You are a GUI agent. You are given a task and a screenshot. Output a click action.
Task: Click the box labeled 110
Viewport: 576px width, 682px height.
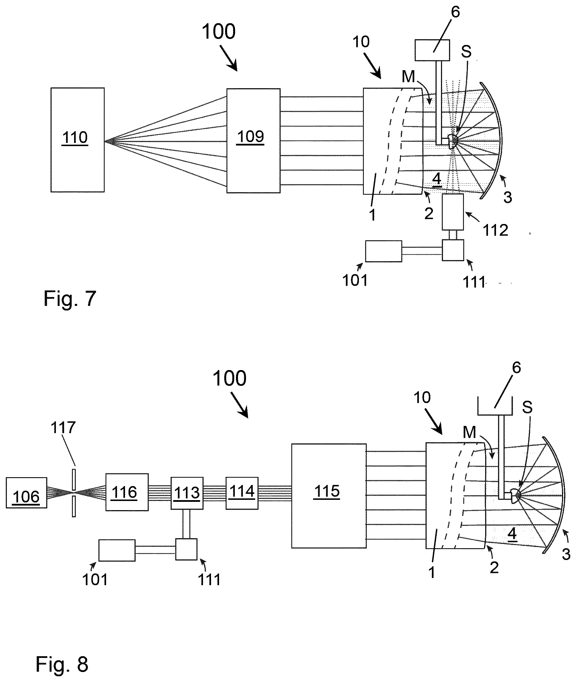(77, 139)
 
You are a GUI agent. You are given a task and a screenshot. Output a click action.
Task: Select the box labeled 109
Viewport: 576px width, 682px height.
(253, 141)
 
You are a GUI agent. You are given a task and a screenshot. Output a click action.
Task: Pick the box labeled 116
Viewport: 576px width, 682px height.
(127, 492)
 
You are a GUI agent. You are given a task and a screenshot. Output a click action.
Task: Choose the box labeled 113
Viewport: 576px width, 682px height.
(187, 493)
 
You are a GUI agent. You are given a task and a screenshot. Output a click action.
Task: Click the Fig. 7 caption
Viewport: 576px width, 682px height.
(70, 298)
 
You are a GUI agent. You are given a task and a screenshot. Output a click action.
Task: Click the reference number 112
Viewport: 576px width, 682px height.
(495, 230)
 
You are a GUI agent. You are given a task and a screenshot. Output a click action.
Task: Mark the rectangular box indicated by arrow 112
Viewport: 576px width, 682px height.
(452, 212)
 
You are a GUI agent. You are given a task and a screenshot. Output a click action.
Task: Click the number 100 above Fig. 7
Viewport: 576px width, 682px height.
(218, 32)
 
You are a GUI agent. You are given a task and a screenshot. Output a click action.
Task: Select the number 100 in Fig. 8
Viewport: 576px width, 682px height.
(229, 378)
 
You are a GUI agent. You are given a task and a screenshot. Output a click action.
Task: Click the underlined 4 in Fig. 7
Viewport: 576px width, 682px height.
(437, 179)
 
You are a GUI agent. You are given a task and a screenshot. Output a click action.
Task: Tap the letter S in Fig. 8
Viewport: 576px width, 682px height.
(527, 407)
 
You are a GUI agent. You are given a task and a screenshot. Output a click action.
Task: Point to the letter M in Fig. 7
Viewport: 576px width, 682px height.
(408, 77)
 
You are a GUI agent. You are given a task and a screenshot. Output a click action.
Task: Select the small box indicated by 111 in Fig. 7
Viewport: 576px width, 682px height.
(453, 250)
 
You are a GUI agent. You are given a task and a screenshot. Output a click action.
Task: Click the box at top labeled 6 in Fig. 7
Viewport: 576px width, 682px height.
(432, 50)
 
